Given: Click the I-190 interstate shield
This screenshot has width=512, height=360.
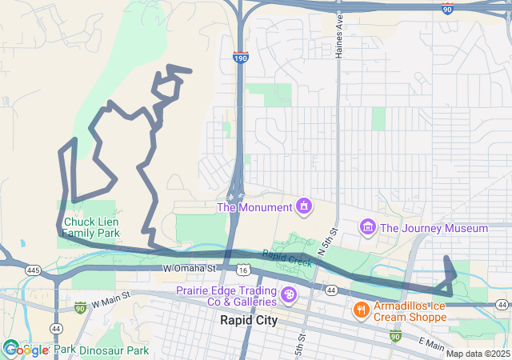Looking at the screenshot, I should tap(240, 58).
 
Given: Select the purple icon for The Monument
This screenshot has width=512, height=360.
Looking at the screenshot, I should tap(304, 207).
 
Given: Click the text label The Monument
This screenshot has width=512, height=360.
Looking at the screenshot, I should tap(254, 208).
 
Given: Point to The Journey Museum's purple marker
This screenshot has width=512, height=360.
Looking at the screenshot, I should tap(368, 228).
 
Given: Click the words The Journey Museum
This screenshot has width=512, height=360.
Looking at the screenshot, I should tap(434, 229).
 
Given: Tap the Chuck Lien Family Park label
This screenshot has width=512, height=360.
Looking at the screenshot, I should tap(90, 227).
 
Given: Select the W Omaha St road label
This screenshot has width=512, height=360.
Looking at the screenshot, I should tap(190, 268).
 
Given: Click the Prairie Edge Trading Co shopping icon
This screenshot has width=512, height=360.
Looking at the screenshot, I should tap(288, 296).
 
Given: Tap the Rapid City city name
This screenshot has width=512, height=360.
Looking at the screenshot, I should tap(249, 321).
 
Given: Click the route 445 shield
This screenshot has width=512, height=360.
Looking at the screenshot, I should tap(33, 270).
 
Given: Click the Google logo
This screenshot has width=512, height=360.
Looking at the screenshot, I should tap(26, 350).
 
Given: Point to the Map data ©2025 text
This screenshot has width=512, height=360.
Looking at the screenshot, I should tap(478, 354).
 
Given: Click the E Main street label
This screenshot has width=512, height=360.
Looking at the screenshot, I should tap(430, 343).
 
